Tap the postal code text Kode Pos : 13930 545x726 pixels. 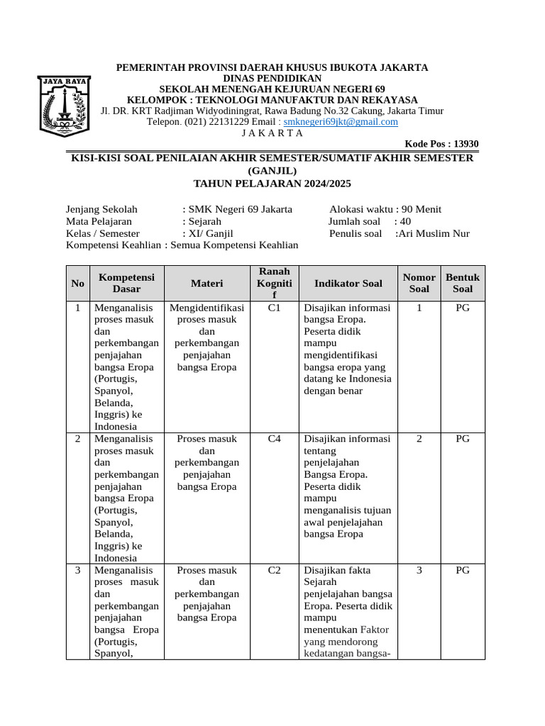tap(441, 144)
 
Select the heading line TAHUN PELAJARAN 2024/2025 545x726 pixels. tap(272, 184)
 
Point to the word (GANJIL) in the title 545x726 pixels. tap(272, 171)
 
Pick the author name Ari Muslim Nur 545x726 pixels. tap(434, 233)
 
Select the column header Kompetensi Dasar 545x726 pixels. tap(126, 283)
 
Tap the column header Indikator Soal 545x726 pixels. tap(348, 284)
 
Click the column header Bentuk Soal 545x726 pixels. tap(462, 283)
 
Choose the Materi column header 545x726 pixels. tap(207, 284)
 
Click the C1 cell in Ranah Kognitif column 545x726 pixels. tap(275, 308)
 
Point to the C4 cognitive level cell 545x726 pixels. tap(275, 439)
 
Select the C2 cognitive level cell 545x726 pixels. tap(275, 570)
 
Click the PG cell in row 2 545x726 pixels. tap(462, 439)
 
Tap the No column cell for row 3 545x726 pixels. tap(77, 570)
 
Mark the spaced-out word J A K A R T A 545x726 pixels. tap(272, 133)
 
